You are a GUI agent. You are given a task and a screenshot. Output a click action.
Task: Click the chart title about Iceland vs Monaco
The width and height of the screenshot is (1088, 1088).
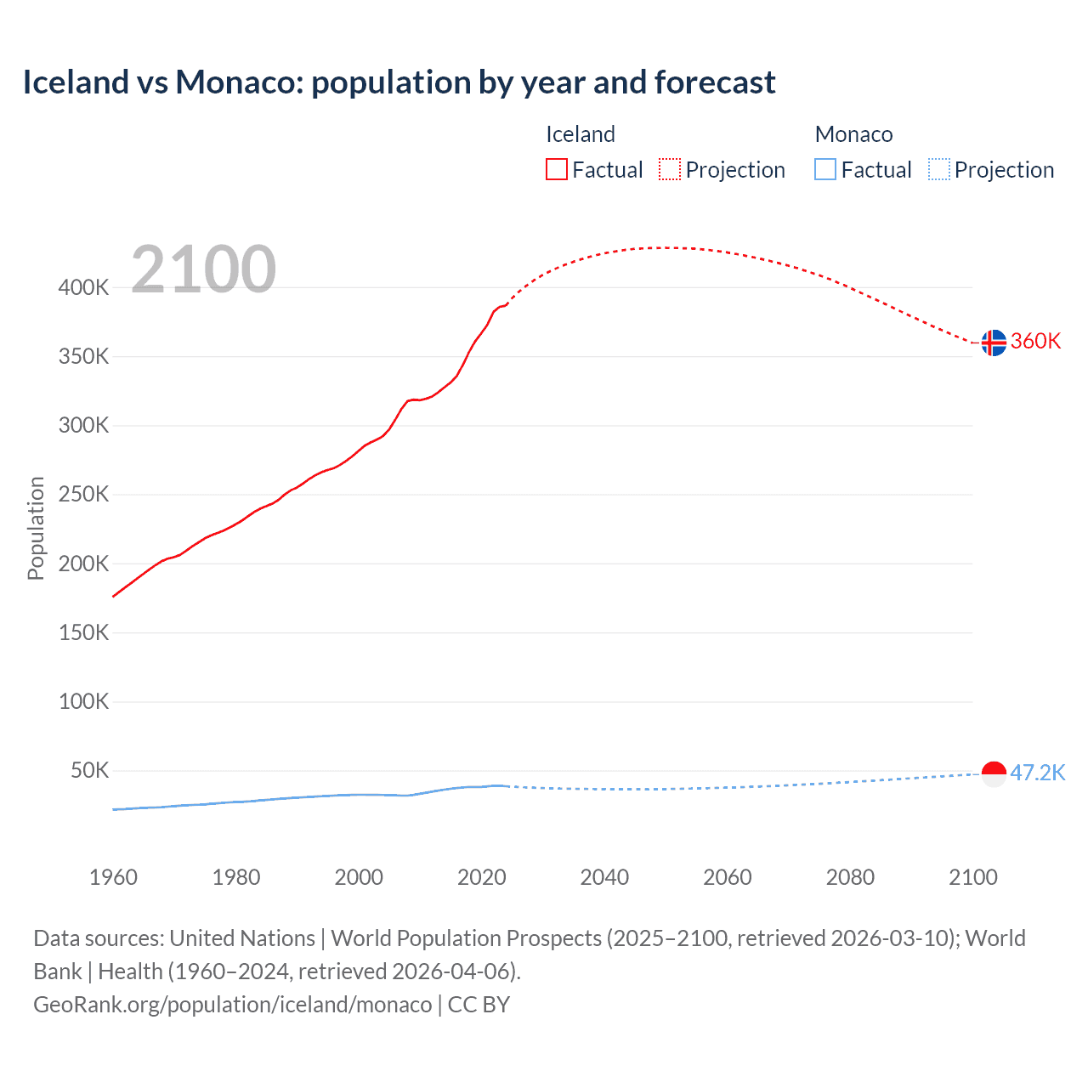point(399,82)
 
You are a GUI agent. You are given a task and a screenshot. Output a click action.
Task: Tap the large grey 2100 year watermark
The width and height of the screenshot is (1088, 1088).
point(203,269)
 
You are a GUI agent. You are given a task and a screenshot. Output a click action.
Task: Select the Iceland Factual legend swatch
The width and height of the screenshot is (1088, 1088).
point(556,170)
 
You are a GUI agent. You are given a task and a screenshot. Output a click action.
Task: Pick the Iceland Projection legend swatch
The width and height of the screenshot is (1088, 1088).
point(670,170)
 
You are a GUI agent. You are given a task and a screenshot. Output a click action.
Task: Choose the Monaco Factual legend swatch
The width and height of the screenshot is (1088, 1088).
point(825,170)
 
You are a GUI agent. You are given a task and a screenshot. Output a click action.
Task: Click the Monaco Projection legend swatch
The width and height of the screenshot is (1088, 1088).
point(938,170)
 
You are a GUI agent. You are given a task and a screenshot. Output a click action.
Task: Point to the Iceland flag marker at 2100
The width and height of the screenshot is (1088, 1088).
point(993,343)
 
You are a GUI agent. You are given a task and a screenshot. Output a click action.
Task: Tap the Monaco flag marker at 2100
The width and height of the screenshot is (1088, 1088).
point(993,773)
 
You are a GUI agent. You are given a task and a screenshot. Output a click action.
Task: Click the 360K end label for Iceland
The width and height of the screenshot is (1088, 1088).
point(1035,342)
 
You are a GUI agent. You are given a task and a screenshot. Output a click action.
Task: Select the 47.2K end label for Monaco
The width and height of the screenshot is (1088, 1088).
point(1037,773)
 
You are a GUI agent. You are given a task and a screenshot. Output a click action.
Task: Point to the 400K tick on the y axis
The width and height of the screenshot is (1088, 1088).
point(83,287)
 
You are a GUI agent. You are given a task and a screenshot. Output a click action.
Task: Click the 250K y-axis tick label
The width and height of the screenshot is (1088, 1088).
point(83,495)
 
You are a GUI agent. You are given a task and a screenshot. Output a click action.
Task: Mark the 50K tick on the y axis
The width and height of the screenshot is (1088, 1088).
point(89,771)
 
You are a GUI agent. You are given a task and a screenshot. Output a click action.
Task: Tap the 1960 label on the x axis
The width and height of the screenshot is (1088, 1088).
point(113,877)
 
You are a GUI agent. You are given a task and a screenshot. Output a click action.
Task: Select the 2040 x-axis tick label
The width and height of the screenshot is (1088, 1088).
point(604,877)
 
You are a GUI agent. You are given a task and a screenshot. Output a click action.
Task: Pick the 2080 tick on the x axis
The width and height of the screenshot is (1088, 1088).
point(850,877)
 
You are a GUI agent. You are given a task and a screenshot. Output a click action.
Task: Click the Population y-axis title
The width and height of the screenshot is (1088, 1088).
point(36,528)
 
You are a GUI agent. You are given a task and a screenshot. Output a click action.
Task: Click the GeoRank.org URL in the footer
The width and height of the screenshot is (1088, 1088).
point(232,1005)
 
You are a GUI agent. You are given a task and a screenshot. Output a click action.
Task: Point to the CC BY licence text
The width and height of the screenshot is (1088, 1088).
point(479,1005)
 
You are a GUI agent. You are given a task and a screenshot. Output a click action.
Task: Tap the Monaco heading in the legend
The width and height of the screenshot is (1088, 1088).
point(853,134)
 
